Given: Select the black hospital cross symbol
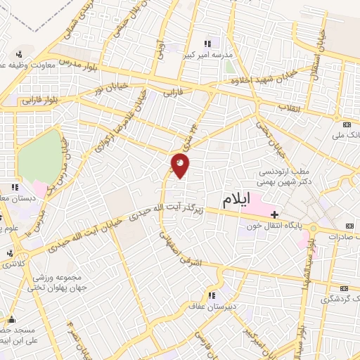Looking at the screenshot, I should pos(275,214).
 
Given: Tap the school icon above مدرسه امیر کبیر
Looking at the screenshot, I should pos(206,44).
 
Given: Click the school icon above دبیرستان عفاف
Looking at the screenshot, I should pos(210,295).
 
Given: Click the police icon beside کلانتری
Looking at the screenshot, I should pos(10,253).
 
